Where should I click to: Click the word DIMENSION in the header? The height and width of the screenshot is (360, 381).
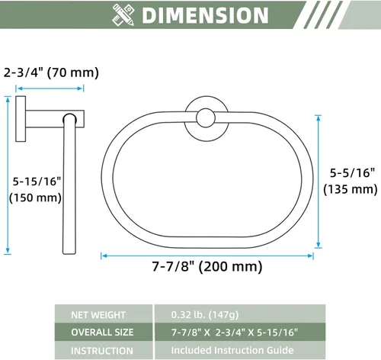(x=205, y=15)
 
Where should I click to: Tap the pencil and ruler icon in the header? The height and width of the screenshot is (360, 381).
(x=123, y=14)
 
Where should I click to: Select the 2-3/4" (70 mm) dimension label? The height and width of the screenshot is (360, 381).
(x=51, y=72)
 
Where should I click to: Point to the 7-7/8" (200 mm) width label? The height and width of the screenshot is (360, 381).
(x=207, y=267)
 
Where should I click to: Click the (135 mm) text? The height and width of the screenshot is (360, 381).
(x=351, y=189)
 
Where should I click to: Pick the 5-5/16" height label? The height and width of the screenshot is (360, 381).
(x=352, y=173)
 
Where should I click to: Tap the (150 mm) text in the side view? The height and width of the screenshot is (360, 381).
(x=35, y=198)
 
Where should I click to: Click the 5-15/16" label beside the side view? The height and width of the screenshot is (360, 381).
(x=37, y=182)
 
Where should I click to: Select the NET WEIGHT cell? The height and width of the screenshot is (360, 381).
(x=98, y=315)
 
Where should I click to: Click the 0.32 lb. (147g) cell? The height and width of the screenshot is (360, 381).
(x=205, y=315)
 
